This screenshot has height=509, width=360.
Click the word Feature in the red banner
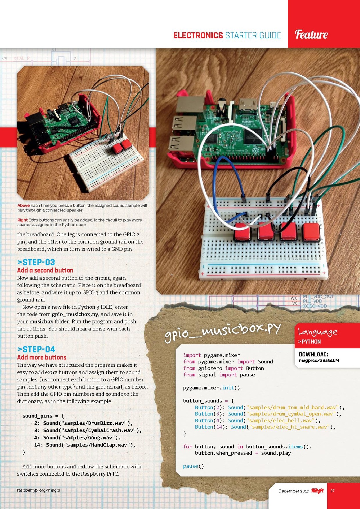[311, 34]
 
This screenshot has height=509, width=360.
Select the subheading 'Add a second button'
[45, 270]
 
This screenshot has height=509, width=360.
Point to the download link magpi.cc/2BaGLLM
[319, 360]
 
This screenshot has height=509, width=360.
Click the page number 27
[332, 491]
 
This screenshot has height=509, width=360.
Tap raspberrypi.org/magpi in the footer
[38, 490]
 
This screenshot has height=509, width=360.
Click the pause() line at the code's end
[193, 466]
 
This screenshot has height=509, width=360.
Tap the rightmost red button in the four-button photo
[311, 231]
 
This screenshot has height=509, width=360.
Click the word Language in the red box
[317, 332]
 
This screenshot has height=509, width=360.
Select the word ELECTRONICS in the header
[198, 35]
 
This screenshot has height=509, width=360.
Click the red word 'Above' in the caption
[23, 206]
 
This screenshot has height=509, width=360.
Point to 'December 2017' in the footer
[293, 491]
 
